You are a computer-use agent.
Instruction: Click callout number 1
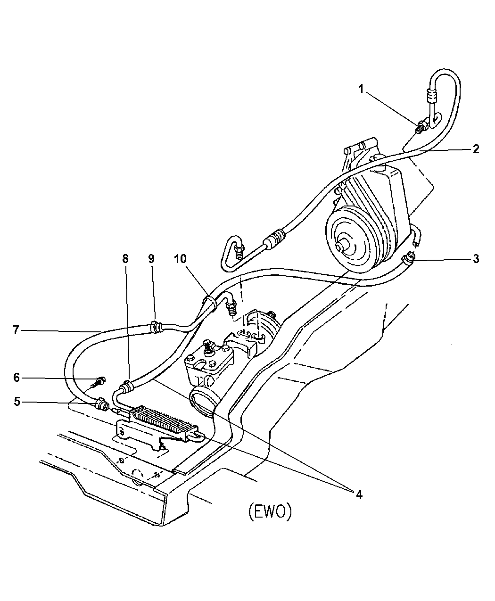click(361, 89)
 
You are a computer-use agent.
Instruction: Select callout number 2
click(476, 149)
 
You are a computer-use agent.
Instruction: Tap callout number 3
click(476, 259)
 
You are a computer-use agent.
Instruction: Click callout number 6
click(16, 378)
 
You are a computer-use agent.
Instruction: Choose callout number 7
click(16, 330)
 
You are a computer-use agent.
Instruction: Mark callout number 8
click(125, 259)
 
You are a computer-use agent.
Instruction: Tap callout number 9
click(151, 259)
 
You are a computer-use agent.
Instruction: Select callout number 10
click(180, 259)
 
